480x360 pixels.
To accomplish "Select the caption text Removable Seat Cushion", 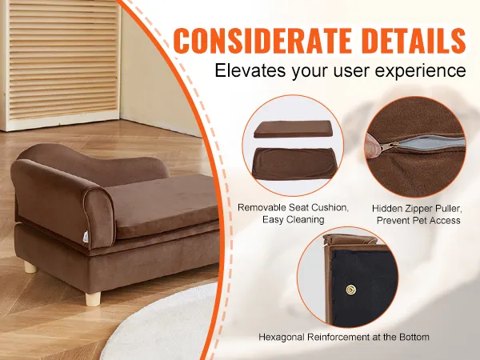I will pos(293,207).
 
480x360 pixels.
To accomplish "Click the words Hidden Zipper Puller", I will pos(416,207).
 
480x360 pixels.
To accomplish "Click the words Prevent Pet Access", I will pos(416,219).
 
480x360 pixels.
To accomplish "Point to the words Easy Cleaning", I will pos(293,219).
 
